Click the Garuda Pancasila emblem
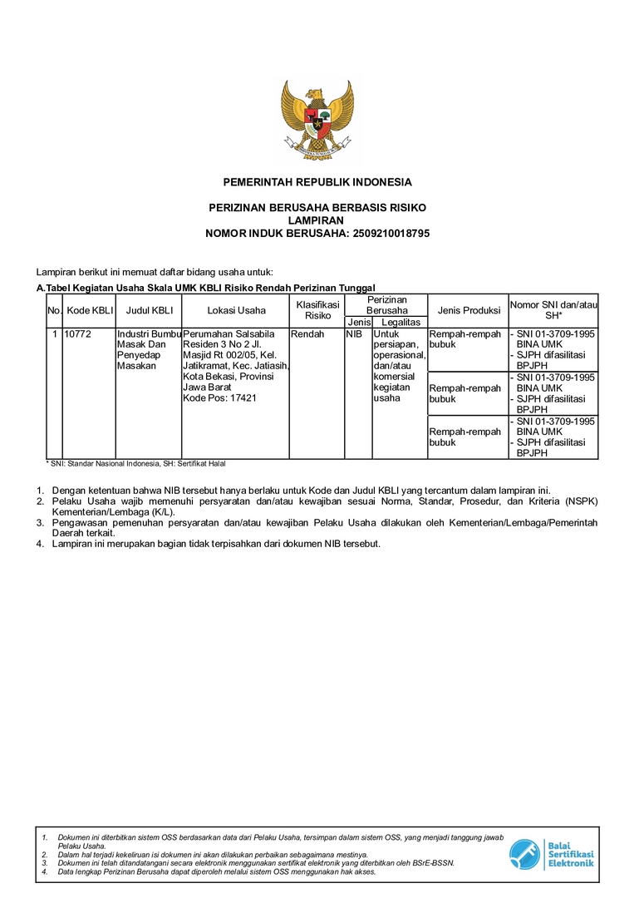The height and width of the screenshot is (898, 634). click(x=317, y=119)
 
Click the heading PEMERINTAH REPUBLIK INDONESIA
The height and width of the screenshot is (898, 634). click(x=317, y=182)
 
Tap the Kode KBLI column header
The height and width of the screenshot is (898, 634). click(x=90, y=311)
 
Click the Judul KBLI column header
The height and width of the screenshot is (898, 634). click(x=149, y=311)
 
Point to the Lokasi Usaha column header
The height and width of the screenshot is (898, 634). click(x=236, y=311)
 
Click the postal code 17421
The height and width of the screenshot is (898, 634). click(x=244, y=398)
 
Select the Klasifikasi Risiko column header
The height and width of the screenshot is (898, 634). click(x=317, y=310)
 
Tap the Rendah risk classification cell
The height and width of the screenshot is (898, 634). click(x=308, y=334)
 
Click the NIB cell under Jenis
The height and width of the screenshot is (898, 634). click(x=354, y=334)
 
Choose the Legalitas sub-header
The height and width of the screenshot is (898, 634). click(x=401, y=322)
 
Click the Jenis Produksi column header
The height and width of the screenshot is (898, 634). click(x=468, y=311)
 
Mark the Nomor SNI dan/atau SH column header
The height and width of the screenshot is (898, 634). click(x=553, y=310)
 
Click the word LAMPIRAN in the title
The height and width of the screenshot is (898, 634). click(x=317, y=220)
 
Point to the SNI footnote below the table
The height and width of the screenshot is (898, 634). click(x=135, y=463)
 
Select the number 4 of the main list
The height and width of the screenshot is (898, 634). click(x=40, y=544)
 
